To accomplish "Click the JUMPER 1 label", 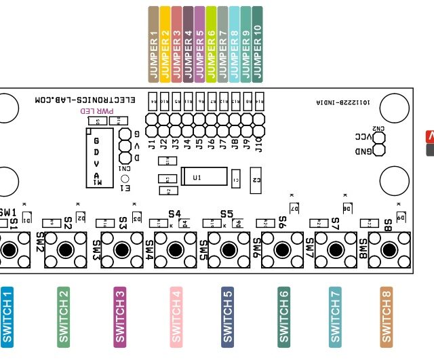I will coord(154,45).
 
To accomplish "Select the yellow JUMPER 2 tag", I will coord(165,45).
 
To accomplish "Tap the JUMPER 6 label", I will coord(211,45).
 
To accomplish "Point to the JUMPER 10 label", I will coord(257,45).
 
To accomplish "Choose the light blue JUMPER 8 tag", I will coord(234,45).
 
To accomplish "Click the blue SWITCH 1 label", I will coord(7,316).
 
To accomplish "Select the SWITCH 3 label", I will coord(120,316).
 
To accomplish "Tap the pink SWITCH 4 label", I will coord(176,316).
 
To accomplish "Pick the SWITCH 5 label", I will coord(228,316).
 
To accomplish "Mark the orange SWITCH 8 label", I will coord(387,316).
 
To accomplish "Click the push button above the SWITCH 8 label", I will coord(395,249).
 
